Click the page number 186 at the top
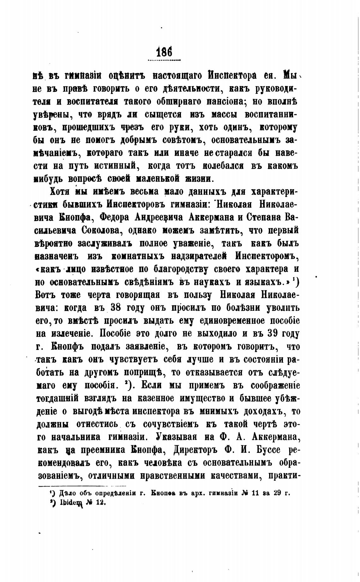tap(164, 51)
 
